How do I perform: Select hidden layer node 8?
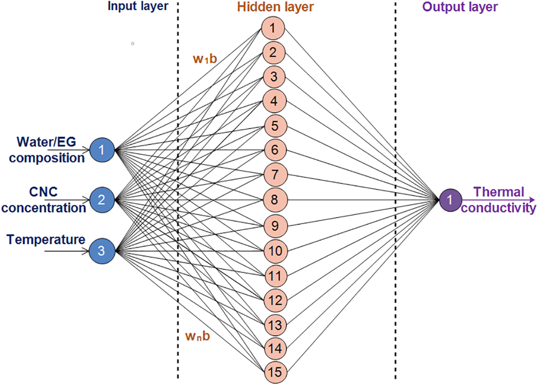272,200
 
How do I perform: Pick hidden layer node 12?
272,298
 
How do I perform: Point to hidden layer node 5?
272,126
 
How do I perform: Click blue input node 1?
102,150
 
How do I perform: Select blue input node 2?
102,200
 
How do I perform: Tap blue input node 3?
102,250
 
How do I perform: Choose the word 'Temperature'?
46,239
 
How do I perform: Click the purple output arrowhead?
532,200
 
